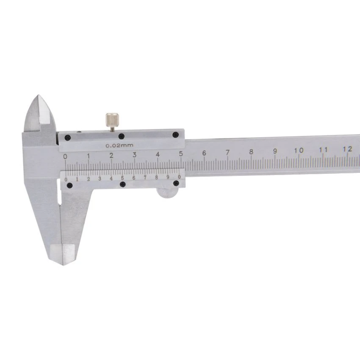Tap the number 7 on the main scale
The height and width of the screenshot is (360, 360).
click(x=228, y=152)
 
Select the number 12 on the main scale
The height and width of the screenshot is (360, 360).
click(x=347, y=148)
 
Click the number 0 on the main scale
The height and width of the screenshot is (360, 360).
click(x=66, y=157)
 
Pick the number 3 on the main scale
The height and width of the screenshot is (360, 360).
click(x=135, y=155)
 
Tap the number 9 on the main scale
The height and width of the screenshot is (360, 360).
click(x=275, y=151)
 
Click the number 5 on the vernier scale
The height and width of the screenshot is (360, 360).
click(x=122, y=178)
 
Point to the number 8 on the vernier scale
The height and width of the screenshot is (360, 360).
click(x=157, y=178)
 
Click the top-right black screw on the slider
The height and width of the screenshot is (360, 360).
click(x=176, y=135)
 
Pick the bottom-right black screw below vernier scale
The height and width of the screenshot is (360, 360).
click(x=176, y=183)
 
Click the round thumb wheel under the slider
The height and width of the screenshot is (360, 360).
click(x=167, y=192)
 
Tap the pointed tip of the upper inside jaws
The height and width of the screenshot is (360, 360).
click(x=38, y=96)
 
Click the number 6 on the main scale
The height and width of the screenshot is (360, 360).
click(x=204, y=153)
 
